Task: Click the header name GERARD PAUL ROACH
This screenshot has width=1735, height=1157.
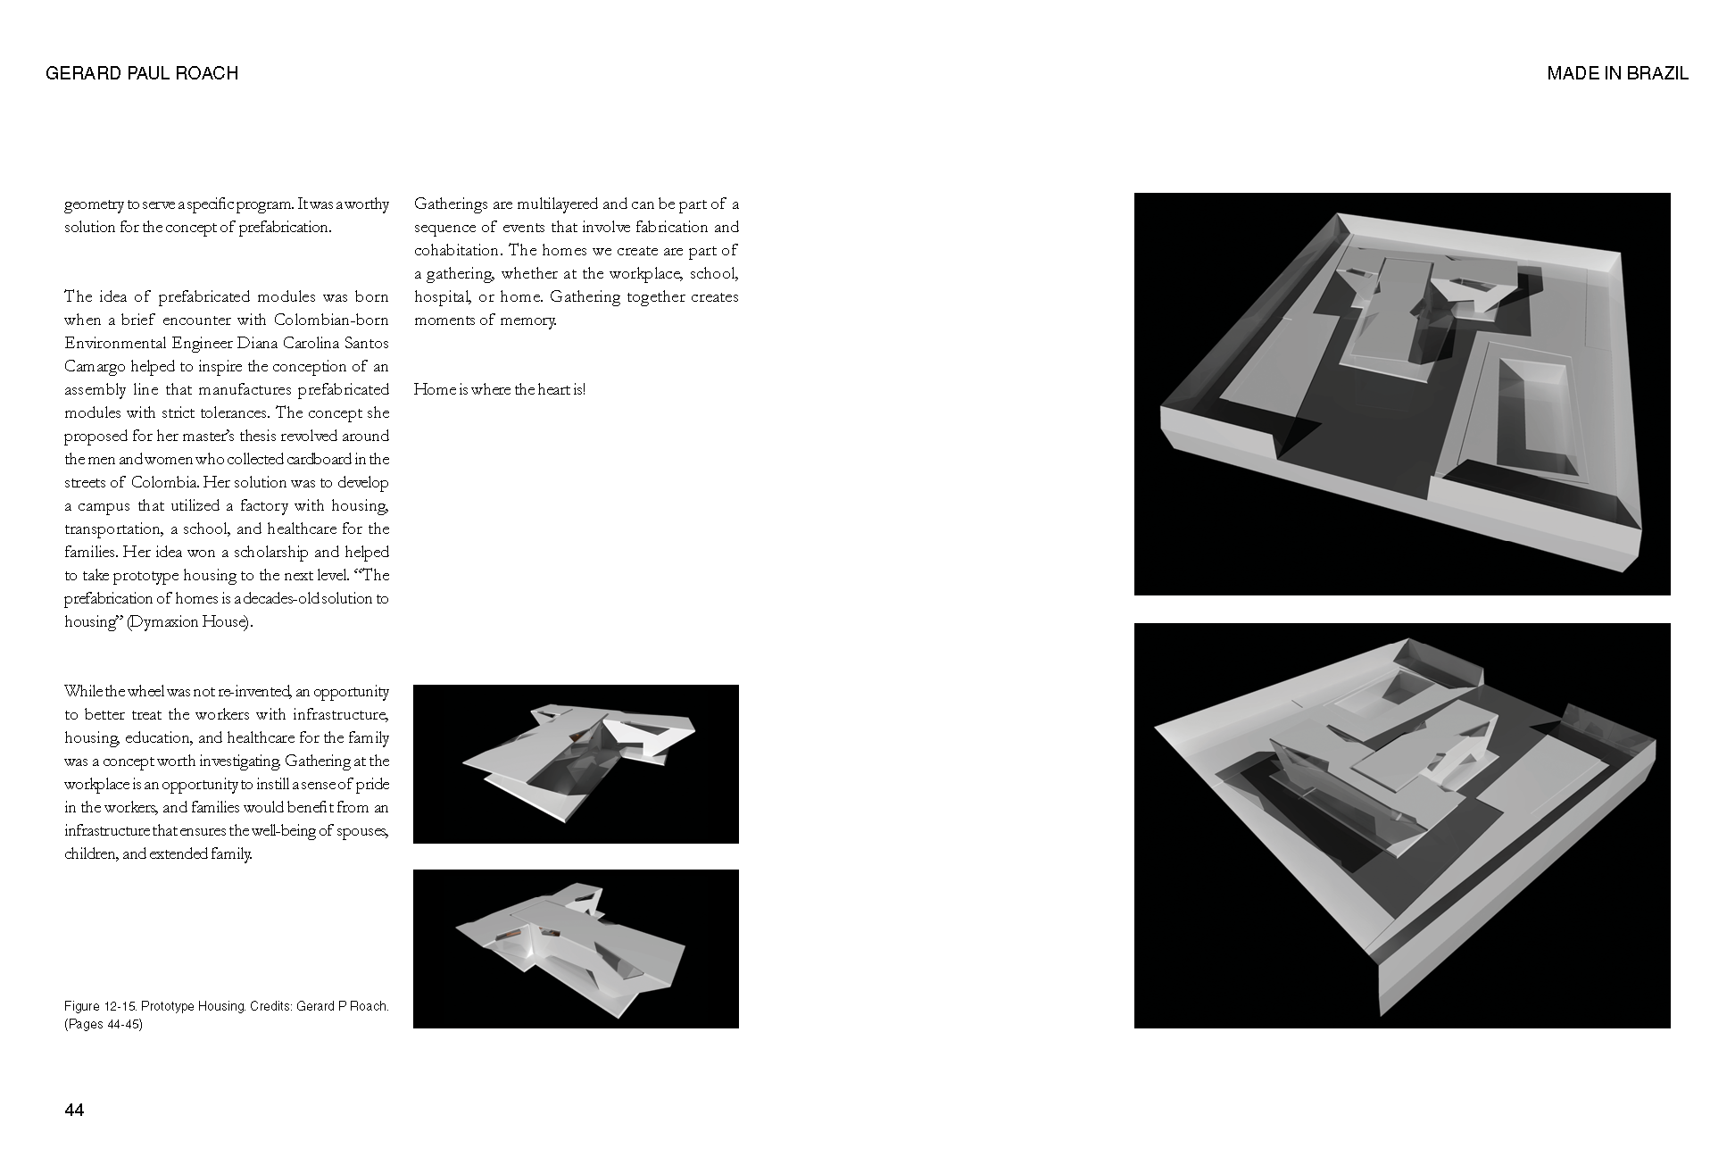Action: click(142, 73)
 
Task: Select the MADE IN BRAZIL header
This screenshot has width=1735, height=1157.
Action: click(1617, 73)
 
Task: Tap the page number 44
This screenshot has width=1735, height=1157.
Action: click(74, 1110)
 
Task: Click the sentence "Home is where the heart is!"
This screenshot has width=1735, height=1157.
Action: click(500, 389)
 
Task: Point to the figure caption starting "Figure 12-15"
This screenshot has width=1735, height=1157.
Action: click(227, 1015)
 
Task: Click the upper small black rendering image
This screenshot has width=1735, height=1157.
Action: click(576, 764)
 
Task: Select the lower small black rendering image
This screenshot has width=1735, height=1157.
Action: click(576, 949)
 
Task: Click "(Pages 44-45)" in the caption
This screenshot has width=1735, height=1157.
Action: click(104, 1024)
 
